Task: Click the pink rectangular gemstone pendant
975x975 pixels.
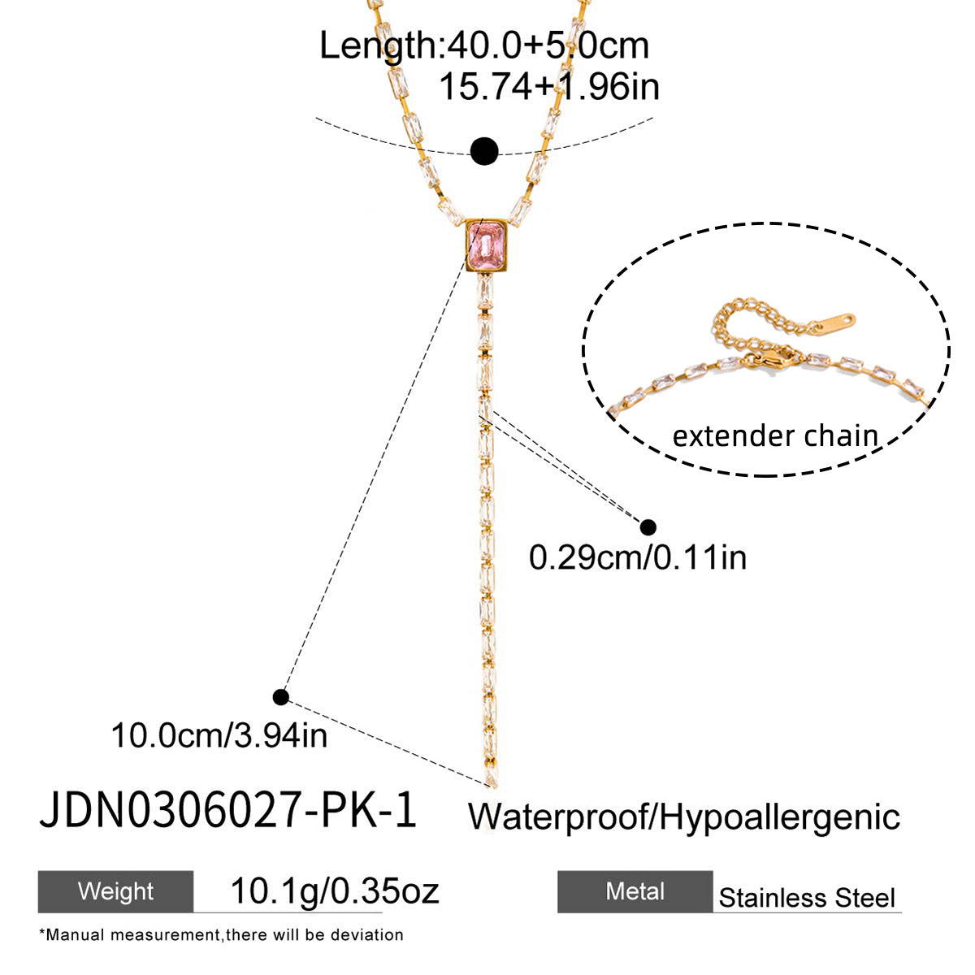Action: [x=486, y=246]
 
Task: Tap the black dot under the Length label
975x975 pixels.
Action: [x=484, y=151]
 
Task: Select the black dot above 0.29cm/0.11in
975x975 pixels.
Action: [x=648, y=527]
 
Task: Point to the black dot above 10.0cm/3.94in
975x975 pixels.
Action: [x=281, y=697]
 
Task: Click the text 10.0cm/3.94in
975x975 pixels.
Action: [x=219, y=735]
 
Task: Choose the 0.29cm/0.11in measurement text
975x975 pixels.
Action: [x=638, y=557]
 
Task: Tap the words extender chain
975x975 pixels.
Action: [x=774, y=436]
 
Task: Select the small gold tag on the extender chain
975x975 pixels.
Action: [x=834, y=323]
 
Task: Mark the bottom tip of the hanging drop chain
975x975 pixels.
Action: [x=490, y=786]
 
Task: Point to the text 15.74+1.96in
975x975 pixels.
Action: [x=549, y=87]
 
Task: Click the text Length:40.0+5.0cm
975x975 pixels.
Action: [x=484, y=46]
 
